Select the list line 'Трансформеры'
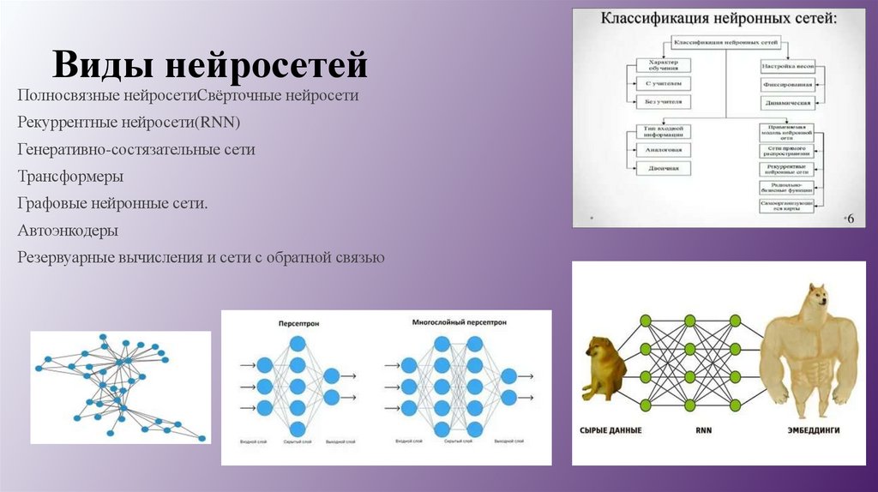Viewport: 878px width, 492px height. tap(70, 177)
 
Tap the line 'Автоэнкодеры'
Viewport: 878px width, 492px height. tap(68, 231)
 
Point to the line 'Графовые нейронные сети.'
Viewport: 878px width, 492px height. tap(112, 203)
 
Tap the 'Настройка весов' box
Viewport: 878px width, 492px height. tap(786, 65)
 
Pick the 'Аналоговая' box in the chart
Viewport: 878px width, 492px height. tap(663, 149)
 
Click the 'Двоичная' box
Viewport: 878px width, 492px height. tap(663, 168)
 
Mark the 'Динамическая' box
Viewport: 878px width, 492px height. tap(786, 103)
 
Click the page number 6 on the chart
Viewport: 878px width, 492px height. tap(851, 219)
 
